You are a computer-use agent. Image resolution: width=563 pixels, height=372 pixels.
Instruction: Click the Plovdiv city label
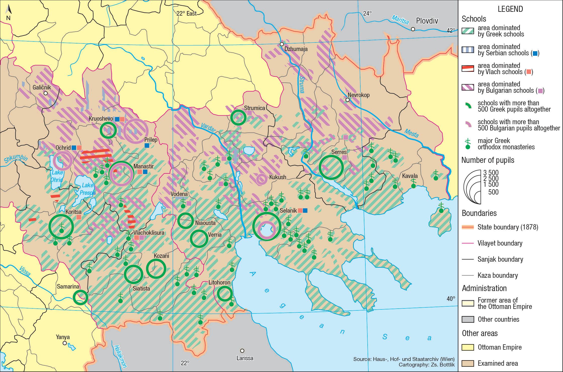(427, 21)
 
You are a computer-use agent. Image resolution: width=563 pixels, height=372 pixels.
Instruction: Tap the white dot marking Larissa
(242, 351)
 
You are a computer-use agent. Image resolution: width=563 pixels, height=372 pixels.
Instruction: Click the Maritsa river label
(400, 20)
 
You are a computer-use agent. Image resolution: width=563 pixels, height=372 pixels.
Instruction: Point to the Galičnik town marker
(46, 93)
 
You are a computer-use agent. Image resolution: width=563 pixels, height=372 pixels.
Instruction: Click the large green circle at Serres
(331, 167)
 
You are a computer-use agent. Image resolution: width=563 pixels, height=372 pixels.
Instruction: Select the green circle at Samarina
(80, 297)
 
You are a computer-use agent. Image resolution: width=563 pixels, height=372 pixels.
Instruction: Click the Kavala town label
(410, 176)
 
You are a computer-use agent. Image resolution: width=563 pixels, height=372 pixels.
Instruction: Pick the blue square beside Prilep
(147, 146)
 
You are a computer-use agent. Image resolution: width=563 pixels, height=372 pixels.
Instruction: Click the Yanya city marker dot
(65, 343)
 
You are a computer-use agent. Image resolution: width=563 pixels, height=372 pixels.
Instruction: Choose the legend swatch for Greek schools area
(468, 31)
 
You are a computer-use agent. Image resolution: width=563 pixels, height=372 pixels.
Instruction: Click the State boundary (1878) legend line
(468, 227)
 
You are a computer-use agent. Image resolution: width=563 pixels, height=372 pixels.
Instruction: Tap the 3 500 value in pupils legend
(491, 173)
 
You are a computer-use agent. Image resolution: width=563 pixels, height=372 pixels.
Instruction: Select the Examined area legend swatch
(468, 363)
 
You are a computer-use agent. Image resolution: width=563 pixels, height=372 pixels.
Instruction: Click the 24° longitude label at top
(367, 13)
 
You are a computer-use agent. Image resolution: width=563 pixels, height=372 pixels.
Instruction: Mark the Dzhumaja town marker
(282, 44)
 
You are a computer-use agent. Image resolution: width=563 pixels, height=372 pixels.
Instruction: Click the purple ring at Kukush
(262, 179)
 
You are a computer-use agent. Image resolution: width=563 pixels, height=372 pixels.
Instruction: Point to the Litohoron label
(219, 283)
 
